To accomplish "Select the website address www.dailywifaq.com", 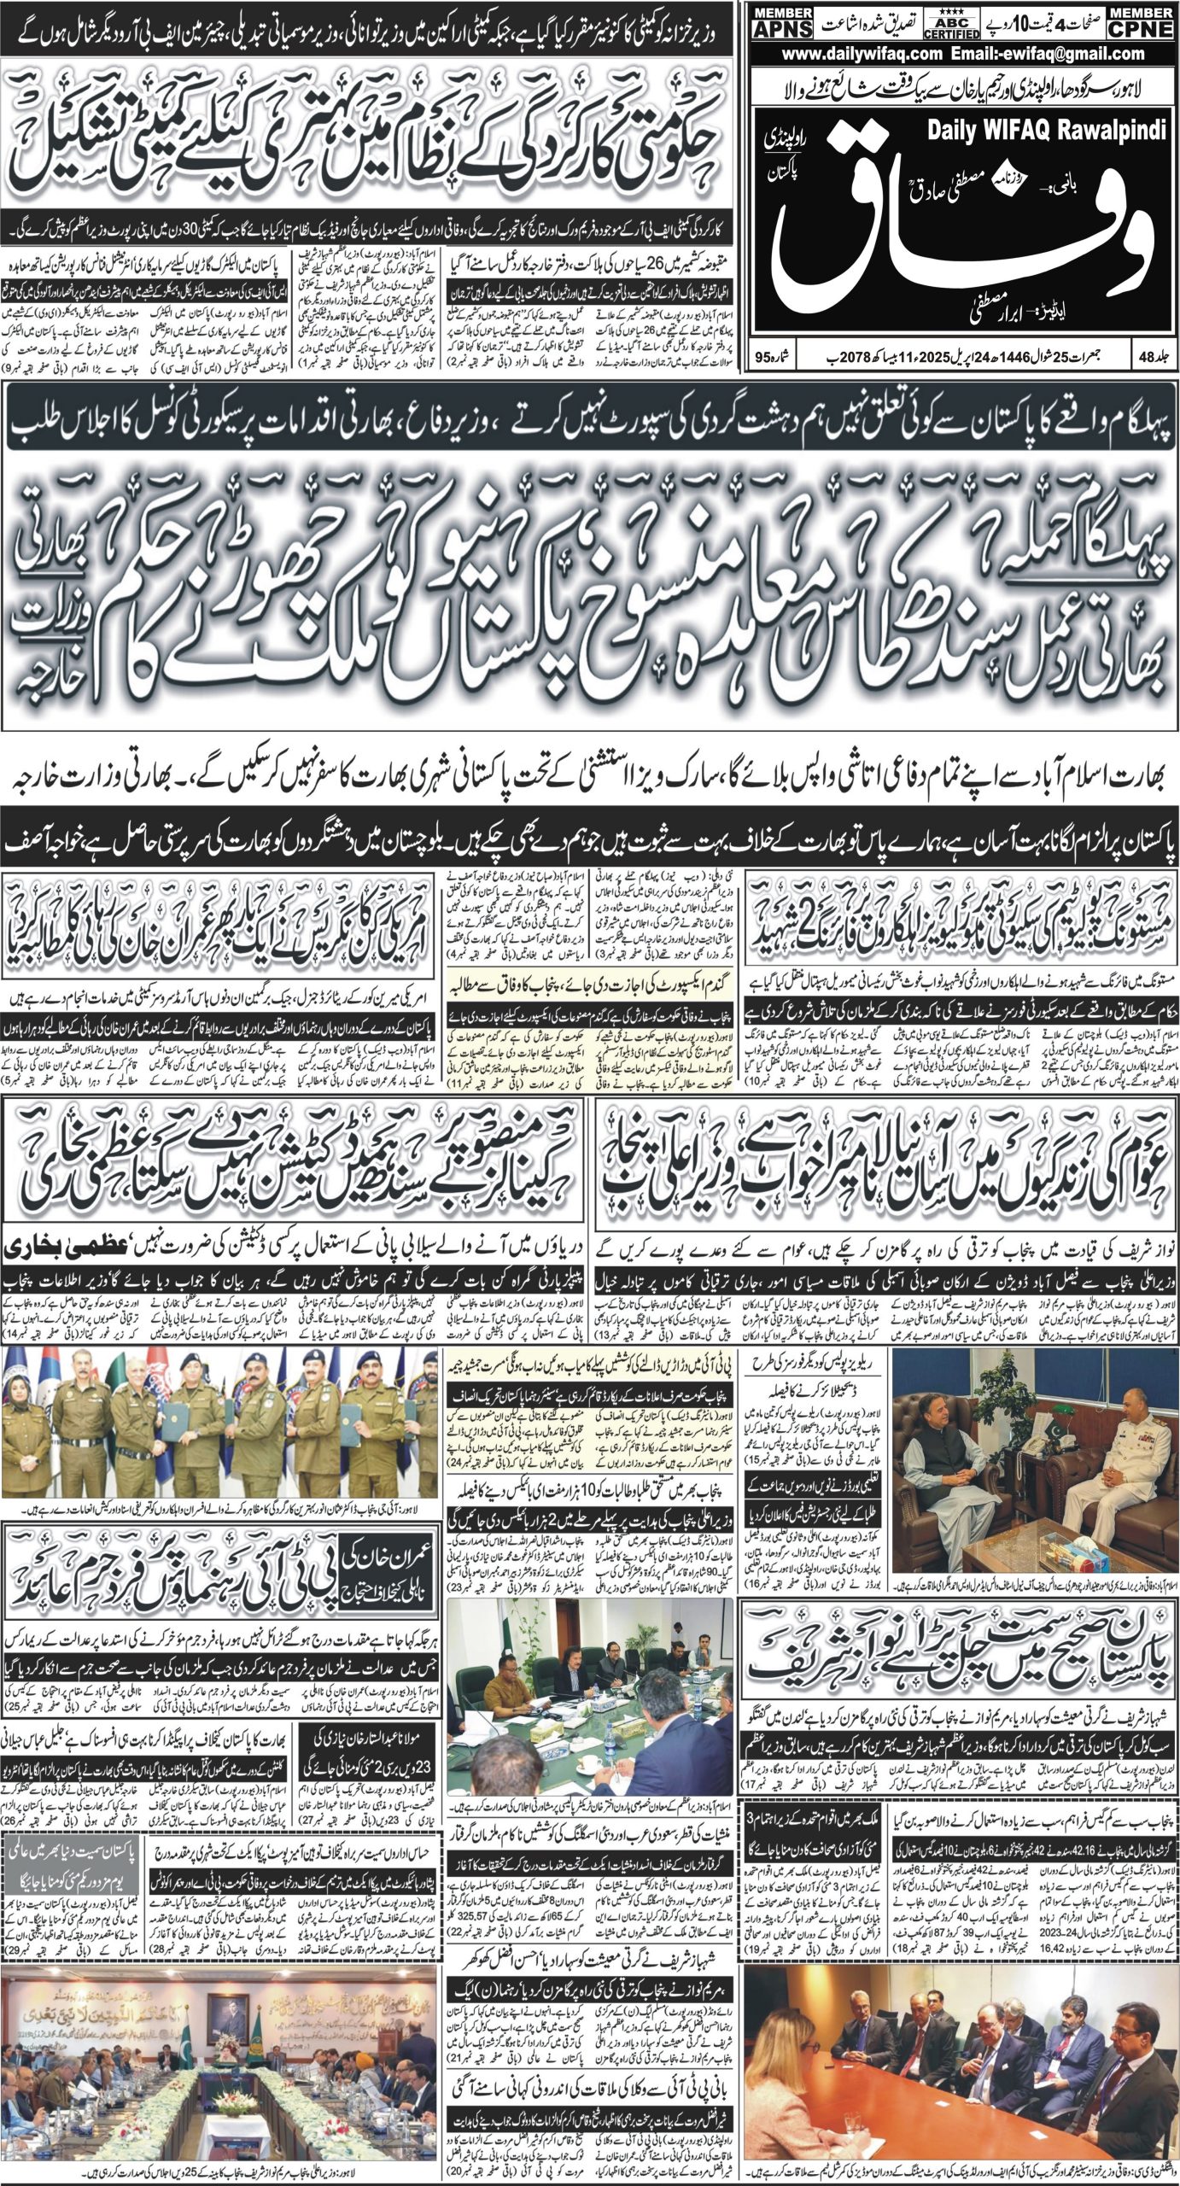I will coord(854,54).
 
